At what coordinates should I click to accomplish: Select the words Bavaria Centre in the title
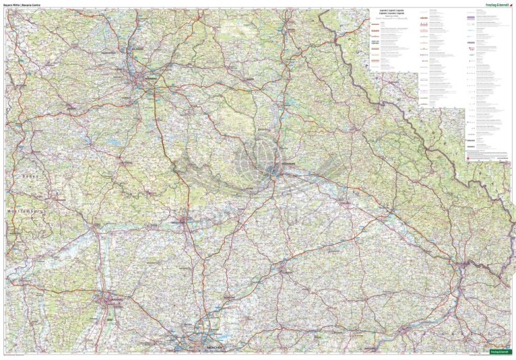pyautogui.click(x=30, y=5)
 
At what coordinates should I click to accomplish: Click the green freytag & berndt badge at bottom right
pyautogui.click(x=499, y=354)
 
